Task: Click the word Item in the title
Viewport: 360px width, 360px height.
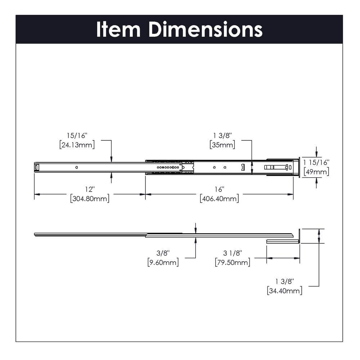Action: [118, 30]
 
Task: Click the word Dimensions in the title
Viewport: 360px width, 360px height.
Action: [206, 30]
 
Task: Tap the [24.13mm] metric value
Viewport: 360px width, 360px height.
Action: [77, 145]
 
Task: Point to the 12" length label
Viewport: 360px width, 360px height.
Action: [90, 189]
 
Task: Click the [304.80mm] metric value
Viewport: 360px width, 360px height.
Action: [90, 198]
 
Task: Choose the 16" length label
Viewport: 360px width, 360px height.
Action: [219, 189]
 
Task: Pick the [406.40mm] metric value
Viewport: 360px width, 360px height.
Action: [219, 198]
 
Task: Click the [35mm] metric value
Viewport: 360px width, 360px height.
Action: [222, 145]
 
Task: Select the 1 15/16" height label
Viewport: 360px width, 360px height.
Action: [316, 162]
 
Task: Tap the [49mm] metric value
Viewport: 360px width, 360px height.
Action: [316, 172]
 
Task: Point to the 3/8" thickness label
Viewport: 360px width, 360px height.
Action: [163, 253]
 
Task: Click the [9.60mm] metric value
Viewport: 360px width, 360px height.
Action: [163, 262]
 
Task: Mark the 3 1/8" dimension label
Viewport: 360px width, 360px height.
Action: [233, 253]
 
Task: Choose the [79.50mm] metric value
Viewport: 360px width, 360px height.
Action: [233, 262]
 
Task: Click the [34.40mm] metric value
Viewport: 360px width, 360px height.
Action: [284, 291]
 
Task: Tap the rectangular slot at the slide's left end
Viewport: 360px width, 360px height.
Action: [36, 167]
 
